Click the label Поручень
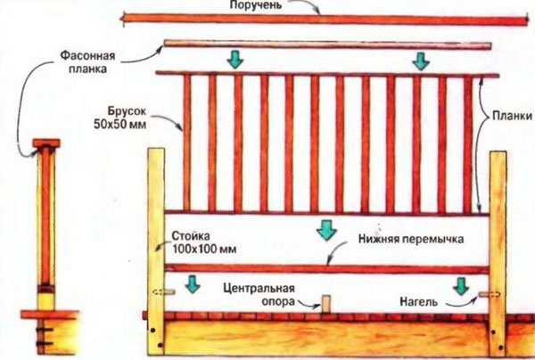tap(256, 5)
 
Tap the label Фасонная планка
tap(87, 62)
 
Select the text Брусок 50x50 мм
tap(120, 118)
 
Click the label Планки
tap(512, 116)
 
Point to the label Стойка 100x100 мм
tap(203, 242)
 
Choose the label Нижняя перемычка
tap(411, 239)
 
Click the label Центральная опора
tap(259, 295)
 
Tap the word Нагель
tap(418, 302)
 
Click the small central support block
tap(325, 304)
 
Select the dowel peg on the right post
tap(490, 294)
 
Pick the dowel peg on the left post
tap(164, 291)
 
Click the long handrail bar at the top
tap(325, 20)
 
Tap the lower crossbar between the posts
tap(327, 269)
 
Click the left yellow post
tap(156, 251)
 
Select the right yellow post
tap(498, 254)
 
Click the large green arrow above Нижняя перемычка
tap(326, 230)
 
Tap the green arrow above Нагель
tap(461, 286)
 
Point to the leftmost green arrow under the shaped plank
tap(235, 59)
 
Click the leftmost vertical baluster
tap(187, 143)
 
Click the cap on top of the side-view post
tap(46, 143)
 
